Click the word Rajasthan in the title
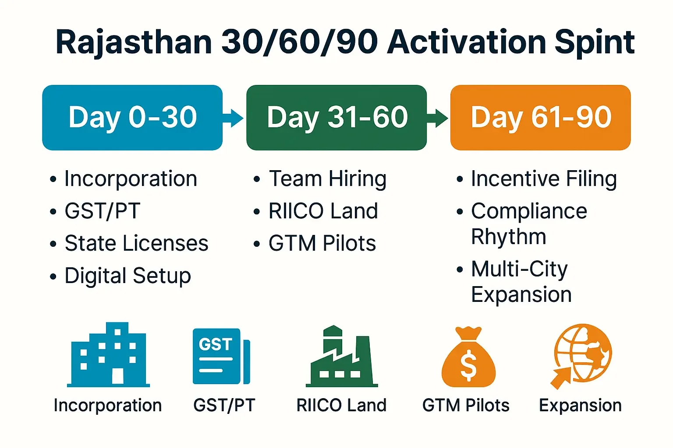pos(134,42)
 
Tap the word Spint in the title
pos(595,43)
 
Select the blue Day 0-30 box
pos(132,118)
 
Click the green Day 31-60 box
pos(336,118)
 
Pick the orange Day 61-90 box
pos(541,118)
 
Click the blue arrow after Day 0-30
pos(233,118)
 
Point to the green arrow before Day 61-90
pos(437,118)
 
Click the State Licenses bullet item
pos(136,243)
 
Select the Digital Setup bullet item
pos(128,276)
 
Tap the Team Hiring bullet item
pos(327,179)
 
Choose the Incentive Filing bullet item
pos(544,179)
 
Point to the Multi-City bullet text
pos(520,269)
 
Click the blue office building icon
pos(109,354)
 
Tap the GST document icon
pos(221,356)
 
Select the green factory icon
pos(342,356)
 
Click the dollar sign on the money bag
pos(468,365)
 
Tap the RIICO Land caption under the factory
pos(341,405)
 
